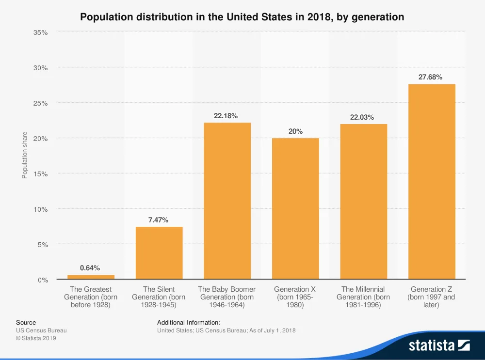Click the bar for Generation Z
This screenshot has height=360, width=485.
pos(432,182)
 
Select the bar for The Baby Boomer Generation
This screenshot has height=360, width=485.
pos(227,201)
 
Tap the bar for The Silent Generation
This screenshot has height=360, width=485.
pos(159,252)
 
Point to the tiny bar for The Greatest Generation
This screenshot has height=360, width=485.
pos(91,277)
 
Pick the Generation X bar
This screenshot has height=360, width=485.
pos(295,208)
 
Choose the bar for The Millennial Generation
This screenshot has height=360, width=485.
pos(363,201)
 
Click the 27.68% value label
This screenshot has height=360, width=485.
pos(430,77)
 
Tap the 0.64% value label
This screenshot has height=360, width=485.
pos(90,267)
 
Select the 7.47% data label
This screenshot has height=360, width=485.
pos(158,220)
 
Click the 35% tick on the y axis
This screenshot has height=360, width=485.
pos(41,32)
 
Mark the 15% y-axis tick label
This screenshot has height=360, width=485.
pos(41,173)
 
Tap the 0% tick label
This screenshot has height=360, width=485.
pos(43,280)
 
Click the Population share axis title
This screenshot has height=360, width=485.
pos(25,155)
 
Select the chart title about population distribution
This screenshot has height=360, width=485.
pos(242,17)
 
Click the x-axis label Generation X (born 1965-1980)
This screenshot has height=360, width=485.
pos(295,297)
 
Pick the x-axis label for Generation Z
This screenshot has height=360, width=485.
pos(431,297)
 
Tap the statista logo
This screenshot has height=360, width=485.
pos(439,345)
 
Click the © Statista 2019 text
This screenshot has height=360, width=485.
pos(36,338)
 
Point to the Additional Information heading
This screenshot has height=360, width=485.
pos(189,322)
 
